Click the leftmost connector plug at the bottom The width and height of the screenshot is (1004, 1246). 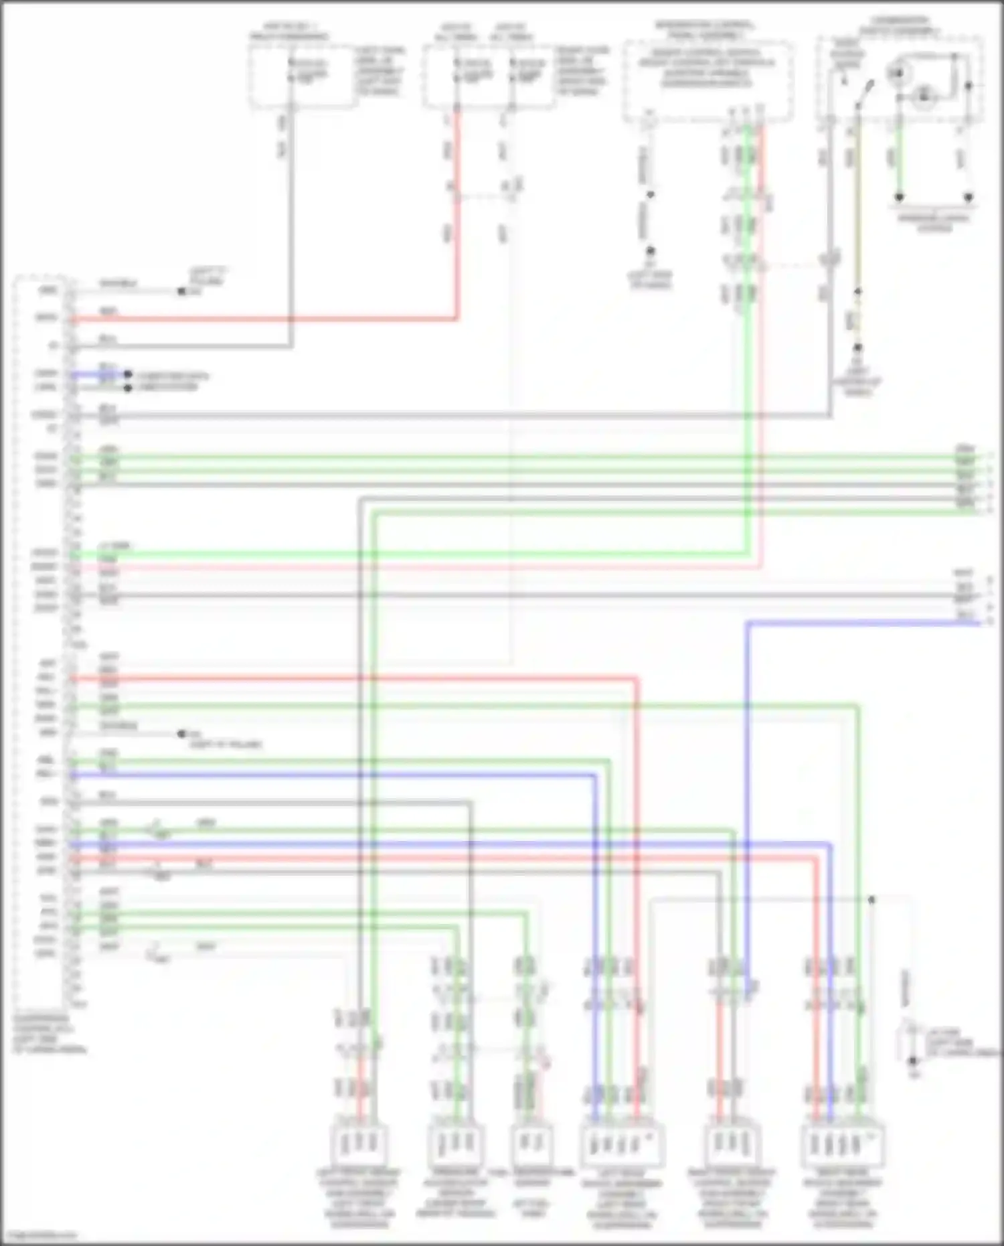pos(359,1146)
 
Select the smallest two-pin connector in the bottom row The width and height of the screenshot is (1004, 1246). pos(532,1146)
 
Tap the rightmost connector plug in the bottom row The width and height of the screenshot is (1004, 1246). pos(842,1146)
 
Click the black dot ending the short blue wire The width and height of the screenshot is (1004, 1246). pos(127,374)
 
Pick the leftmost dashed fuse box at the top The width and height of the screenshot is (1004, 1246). pos(303,75)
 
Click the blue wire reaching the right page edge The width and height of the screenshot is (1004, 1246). pos(870,623)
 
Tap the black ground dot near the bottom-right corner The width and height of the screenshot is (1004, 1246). pos(912,1061)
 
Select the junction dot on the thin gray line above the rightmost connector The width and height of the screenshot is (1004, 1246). pos(871,900)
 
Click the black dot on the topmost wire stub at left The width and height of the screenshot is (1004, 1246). pos(181,291)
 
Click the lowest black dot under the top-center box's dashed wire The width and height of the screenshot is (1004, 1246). pos(649,251)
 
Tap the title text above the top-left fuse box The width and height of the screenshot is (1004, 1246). pos(290,31)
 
